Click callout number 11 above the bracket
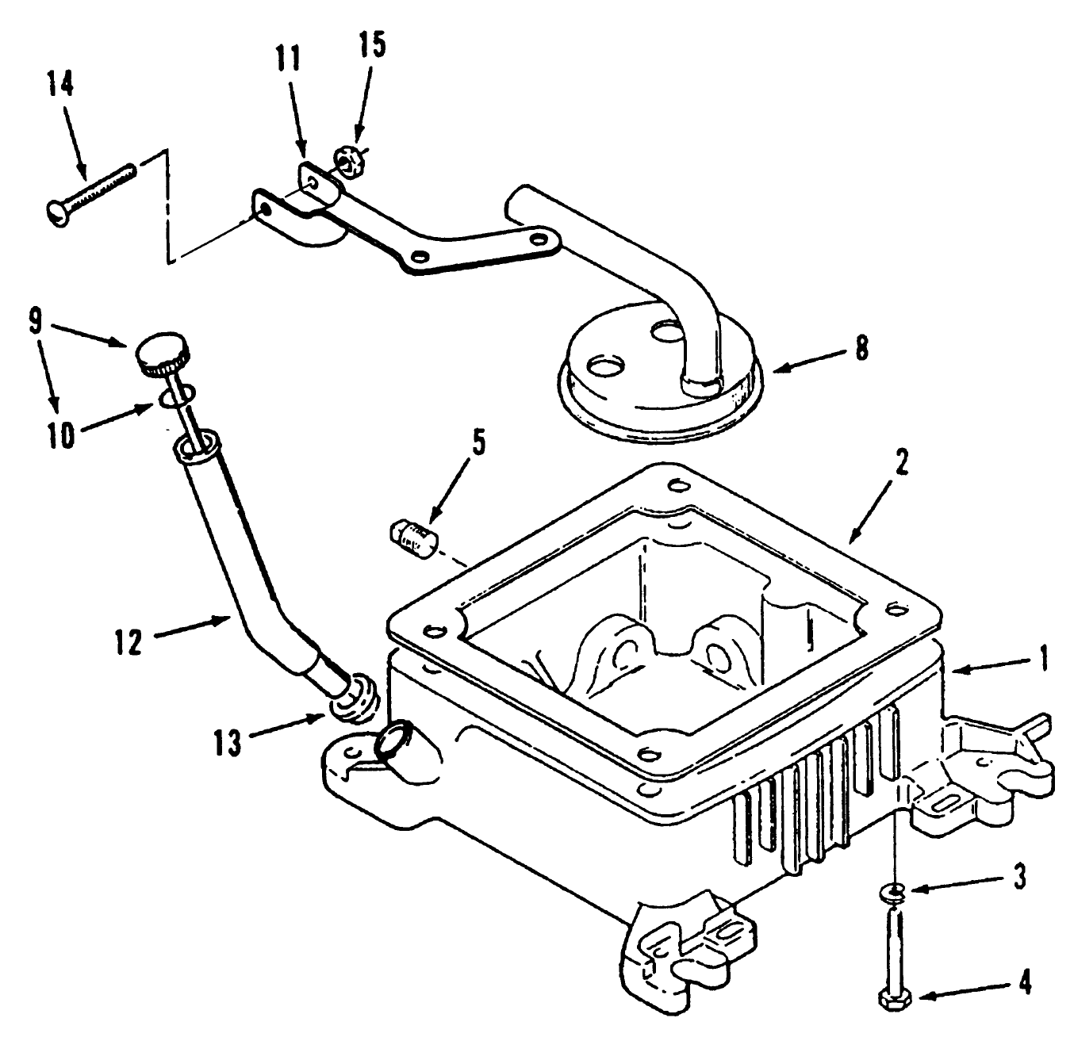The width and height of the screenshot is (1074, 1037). tap(289, 59)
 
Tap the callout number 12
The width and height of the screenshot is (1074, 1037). tap(127, 641)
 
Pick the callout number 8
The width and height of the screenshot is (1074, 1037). tap(861, 347)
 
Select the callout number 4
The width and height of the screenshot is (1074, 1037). tap(1024, 984)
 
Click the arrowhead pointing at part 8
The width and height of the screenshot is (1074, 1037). tap(776, 368)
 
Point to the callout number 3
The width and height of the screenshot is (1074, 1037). tap(1019, 877)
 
